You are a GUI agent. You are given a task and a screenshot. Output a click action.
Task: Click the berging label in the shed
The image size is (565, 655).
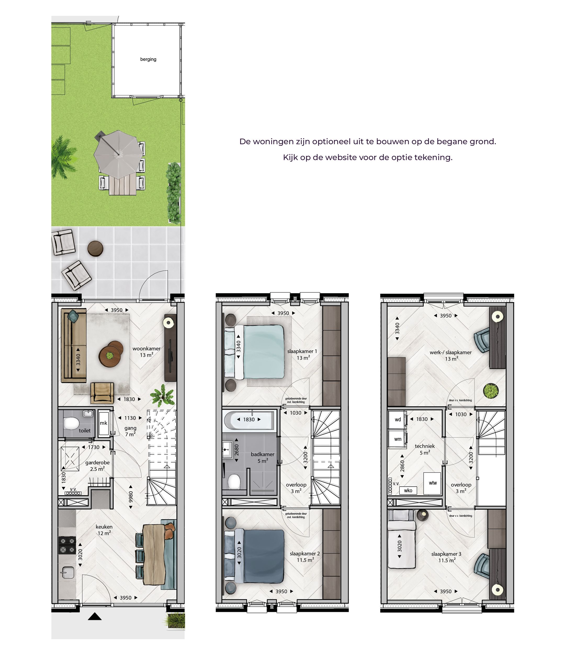click(x=148, y=59)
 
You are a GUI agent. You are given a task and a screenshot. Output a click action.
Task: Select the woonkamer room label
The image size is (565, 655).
click(x=146, y=349)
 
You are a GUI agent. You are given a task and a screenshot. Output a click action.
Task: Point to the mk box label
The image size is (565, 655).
click(x=103, y=423)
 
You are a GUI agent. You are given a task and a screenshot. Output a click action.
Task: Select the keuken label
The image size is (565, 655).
click(x=104, y=527)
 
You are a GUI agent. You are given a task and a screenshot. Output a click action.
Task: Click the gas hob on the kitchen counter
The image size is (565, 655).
click(x=67, y=545)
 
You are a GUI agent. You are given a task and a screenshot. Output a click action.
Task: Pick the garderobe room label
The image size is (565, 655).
click(x=97, y=463)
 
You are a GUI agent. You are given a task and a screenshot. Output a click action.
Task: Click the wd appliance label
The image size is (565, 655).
click(x=398, y=419)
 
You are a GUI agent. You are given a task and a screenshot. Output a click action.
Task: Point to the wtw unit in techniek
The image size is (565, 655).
click(x=433, y=483)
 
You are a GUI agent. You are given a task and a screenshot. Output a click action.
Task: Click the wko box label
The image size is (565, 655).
click(x=408, y=490)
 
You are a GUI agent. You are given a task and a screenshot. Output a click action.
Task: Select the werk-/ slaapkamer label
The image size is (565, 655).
click(x=450, y=352)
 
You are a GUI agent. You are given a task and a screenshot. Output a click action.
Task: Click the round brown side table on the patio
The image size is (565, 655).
click(x=95, y=248)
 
